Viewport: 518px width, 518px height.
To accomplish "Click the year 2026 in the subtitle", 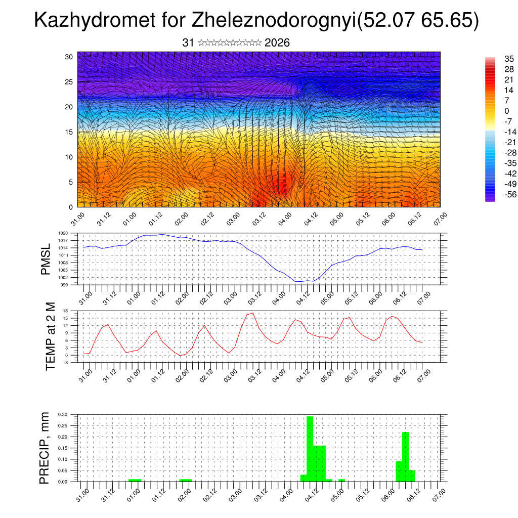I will (277, 43).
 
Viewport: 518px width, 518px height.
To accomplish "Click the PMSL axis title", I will (46, 259).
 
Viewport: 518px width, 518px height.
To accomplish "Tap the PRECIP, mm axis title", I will (46, 448).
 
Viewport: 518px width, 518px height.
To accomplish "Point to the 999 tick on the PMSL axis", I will (64, 285).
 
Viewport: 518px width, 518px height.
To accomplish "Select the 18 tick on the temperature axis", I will (65, 311).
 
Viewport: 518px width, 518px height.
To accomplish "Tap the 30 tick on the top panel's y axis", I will (69, 57).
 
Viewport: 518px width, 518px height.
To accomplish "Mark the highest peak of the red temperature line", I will (252, 313).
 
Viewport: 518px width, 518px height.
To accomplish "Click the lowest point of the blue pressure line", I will (298, 281).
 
